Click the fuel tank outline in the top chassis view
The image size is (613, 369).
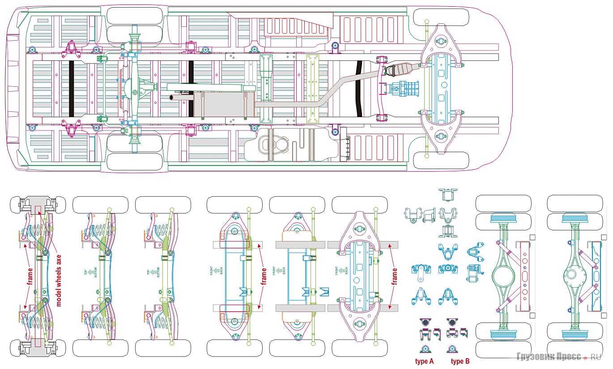[286, 144]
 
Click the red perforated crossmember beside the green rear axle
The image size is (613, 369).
[524, 276]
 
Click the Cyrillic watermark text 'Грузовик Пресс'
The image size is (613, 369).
[549, 356]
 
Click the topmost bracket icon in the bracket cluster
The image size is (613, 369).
[447, 194]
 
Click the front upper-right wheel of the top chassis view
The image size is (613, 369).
[441, 17]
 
